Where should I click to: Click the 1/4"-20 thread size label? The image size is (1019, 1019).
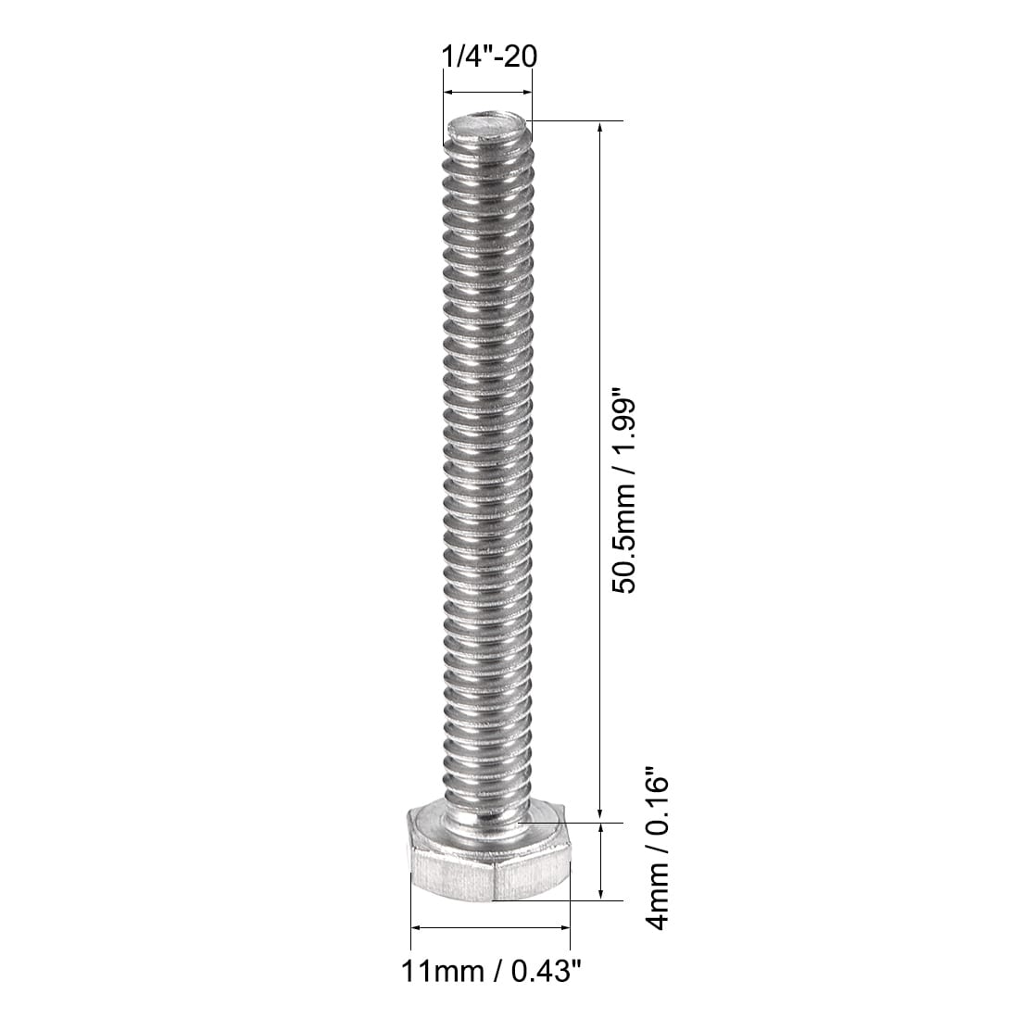(x=487, y=57)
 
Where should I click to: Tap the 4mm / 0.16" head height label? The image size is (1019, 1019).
(x=656, y=853)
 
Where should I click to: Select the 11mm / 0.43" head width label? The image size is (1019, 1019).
(x=490, y=972)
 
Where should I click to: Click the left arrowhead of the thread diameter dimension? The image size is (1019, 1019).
(x=448, y=92)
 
